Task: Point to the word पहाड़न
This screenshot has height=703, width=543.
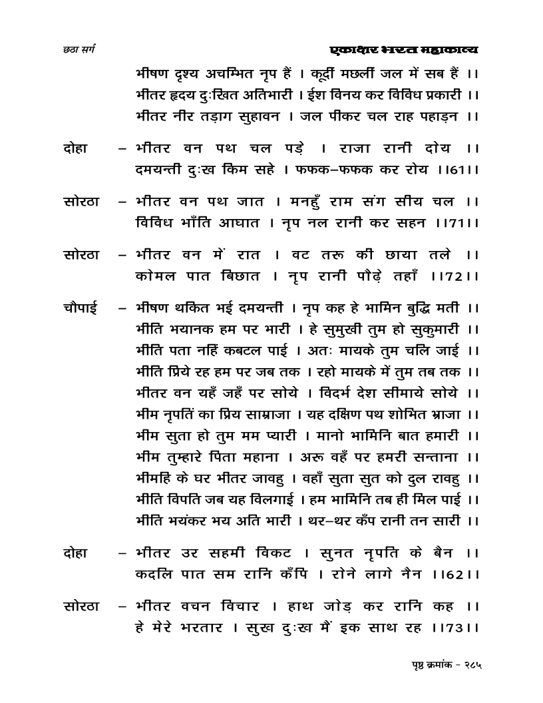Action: tap(439, 116)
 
